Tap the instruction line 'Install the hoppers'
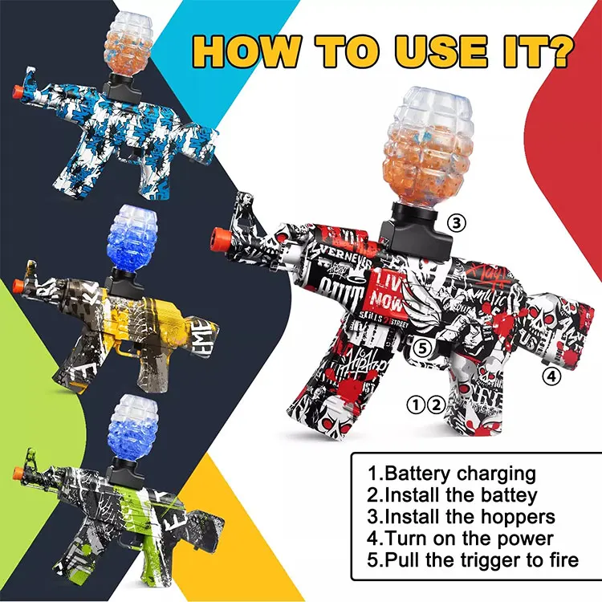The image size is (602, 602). point(462,516)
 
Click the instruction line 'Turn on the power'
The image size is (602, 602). point(461,538)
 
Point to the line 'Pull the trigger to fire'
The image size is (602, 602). point(473,559)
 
